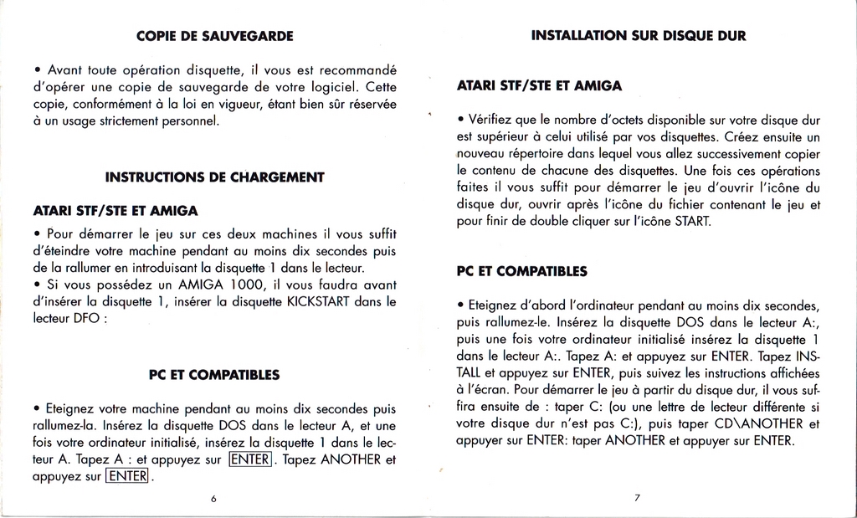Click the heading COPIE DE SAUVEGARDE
click(x=214, y=36)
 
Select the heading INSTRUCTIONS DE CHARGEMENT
click(x=214, y=177)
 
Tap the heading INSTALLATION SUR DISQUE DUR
click(x=639, y=35)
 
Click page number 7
click(x=638, y=498)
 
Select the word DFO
click(x=81, y=318)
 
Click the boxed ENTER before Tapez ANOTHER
click(x=250, y=459)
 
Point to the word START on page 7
click(x=692, y=222)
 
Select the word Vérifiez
click(x=495, y=120)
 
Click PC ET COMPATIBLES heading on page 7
click(x=522, y=272)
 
